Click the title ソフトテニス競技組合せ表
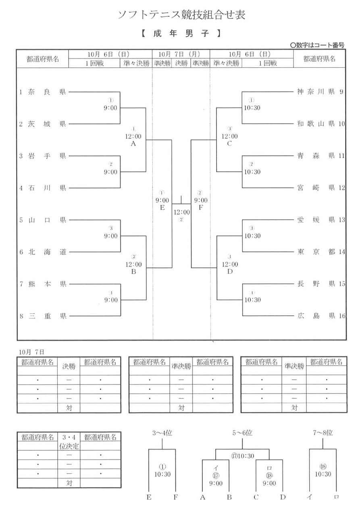tap(181, 15)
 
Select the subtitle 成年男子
tap(181, 34)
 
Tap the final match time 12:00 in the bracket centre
tap(181, 212)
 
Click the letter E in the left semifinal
tap(162, 208)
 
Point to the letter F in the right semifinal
tap(200, 208)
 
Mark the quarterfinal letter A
tap(133, 144)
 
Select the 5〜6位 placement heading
tap(242, 433)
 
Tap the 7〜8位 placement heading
tap(323, 433)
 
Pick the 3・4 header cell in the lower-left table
tap(69, 437)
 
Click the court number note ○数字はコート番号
tap(317, 46)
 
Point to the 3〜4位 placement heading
tap(162, 433)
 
